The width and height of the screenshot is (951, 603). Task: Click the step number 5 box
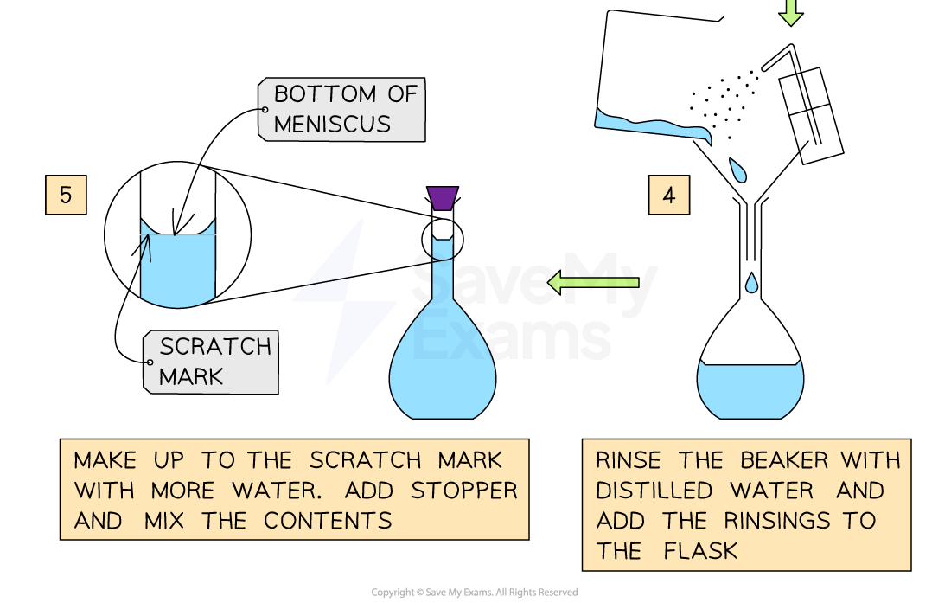click(66, 195)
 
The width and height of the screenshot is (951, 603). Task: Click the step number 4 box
click(668, 195)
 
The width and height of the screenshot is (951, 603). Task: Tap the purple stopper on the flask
click(442, 198)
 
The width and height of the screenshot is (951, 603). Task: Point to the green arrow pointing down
click(790, 11)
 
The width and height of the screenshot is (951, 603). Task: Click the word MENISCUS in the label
click(332, 124)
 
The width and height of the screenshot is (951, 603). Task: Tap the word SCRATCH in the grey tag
click(215, 346)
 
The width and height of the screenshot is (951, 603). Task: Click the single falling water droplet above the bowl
click(751, 283)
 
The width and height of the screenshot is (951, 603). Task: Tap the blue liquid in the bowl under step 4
click(750, 389)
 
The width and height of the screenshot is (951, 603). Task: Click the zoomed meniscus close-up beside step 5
click(178, 264)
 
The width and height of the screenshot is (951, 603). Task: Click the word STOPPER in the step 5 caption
click(464, 490)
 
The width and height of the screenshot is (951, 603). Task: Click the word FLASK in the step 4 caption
click(701, 551)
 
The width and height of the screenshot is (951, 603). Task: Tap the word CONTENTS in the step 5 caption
click(328, 521)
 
